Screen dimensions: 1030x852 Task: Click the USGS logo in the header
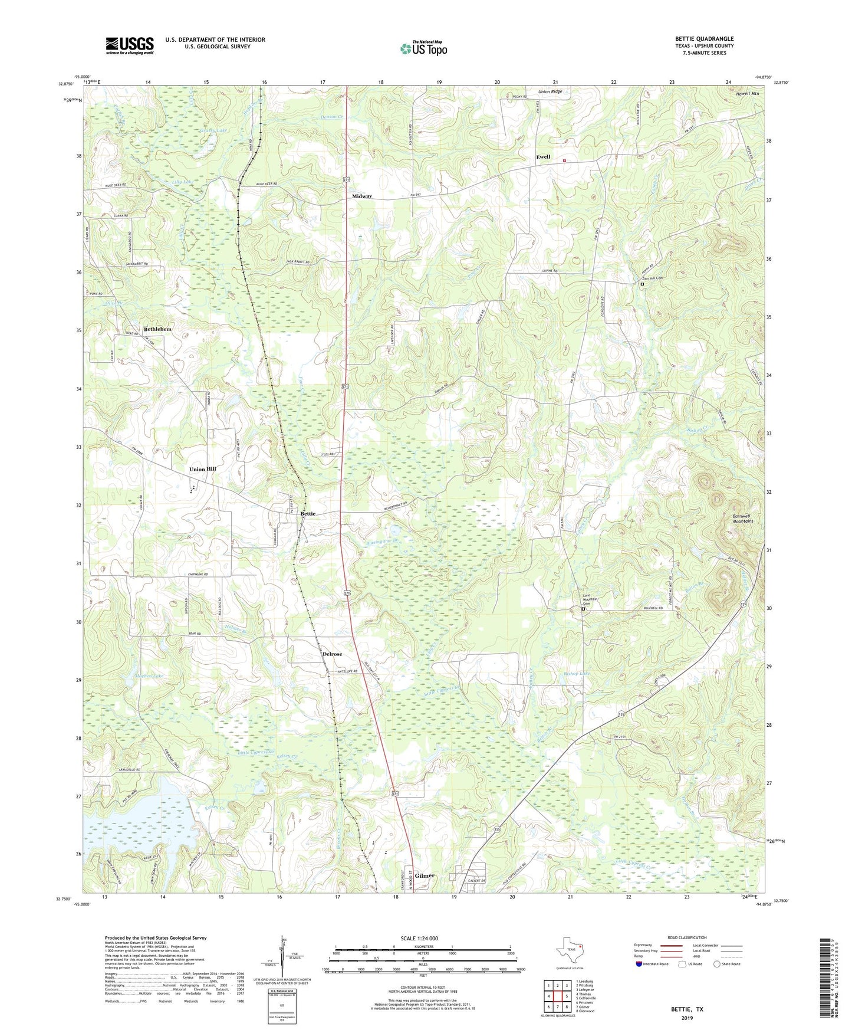(130, 45)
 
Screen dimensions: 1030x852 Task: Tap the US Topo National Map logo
(423, 48)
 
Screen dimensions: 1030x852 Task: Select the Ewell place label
(542, 157)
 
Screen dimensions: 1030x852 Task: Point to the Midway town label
(362, 196)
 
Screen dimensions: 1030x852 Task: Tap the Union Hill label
(202, 469)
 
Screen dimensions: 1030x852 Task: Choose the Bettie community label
(308, 514)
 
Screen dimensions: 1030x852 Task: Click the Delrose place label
(332, 654)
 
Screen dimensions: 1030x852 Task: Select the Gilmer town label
(425, 876)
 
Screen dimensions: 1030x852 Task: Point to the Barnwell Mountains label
(742, 519)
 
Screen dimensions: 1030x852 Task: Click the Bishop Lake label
(576, 674)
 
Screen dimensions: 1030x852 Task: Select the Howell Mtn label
(748, 94)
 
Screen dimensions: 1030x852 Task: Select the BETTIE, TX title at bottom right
(686, 1009)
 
